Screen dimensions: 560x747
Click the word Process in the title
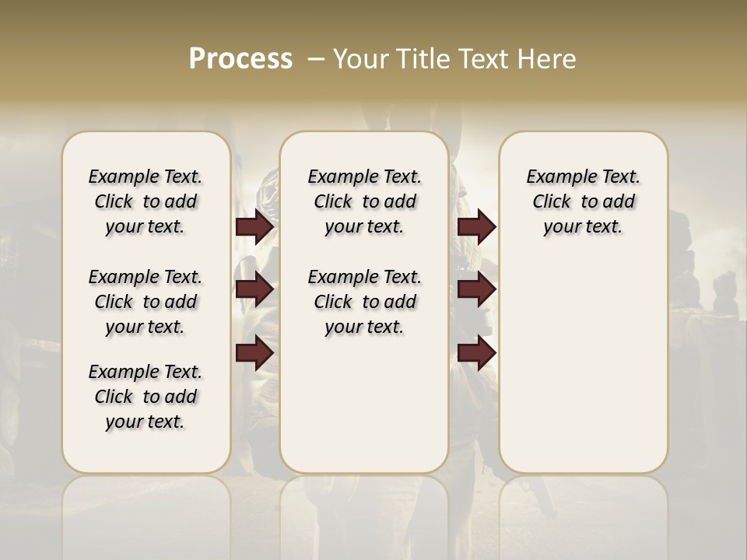(240, 59)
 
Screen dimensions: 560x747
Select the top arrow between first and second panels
(254, 227)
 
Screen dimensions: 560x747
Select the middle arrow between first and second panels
(254, 290)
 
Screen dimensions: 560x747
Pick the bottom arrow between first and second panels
(254, 353)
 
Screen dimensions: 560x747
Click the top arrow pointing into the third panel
(476, 227)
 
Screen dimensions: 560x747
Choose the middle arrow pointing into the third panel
(476, 290)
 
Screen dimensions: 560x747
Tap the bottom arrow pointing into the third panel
(476, 353)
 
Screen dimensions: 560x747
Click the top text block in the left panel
(146, 201)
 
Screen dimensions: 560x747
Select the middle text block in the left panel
(146, 302)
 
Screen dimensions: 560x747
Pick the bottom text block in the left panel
(146, 397)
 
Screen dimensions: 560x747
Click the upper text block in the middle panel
(364, 201)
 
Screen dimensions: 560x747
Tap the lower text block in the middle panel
(364, 302)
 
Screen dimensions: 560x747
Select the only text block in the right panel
(583, 201)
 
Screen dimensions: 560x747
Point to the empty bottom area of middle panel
(364, 412)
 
